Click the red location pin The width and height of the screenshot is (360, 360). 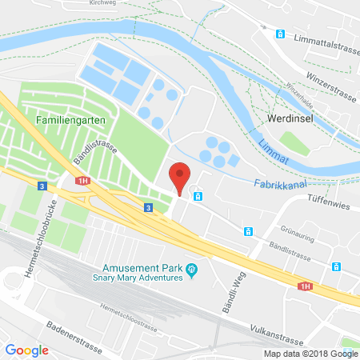(x=181, y=177)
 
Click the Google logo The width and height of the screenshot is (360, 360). (x=27, y=350)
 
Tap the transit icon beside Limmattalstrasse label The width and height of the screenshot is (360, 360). (x=280, y=34)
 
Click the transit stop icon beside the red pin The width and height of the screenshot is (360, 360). (x=198, y=195)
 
